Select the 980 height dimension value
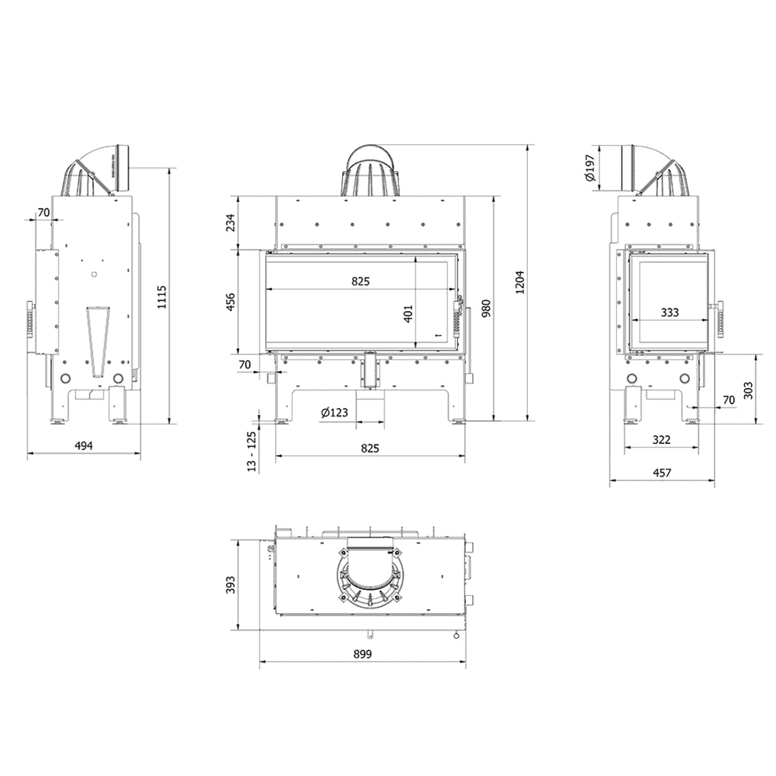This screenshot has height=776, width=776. click(486, 308)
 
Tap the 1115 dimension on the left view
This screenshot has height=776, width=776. click(161, 297)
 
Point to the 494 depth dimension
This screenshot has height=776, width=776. click(84, 446)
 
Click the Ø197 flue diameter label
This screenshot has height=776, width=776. click(591, 167)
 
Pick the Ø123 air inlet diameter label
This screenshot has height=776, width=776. click(334, 412)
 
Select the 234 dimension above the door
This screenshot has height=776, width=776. click(231, 222)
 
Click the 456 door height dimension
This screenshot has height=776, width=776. click(231, 302)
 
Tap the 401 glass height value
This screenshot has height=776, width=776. click(408, 313)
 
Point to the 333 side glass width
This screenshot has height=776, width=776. click(670, 312)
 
